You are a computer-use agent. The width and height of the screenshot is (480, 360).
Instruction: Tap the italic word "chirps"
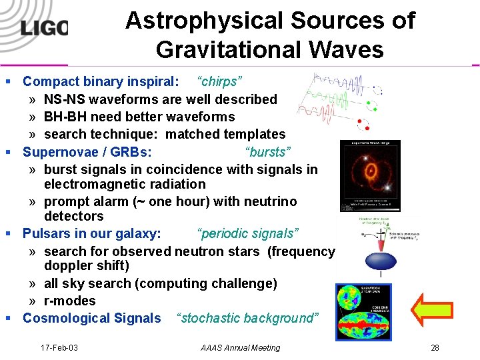tap(219, 82)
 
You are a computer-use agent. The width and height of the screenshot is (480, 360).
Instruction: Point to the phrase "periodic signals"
tap(248, 234)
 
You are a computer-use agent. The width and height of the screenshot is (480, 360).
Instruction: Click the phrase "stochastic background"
tap(247, 318)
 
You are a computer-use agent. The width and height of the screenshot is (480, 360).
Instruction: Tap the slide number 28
tap(435, 347)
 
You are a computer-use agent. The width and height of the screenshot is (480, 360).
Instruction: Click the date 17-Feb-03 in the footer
tap(59, 347)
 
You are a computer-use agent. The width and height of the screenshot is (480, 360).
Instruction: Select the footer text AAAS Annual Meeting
tap(240, 347)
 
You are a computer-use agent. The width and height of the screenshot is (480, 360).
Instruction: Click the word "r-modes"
tap(70, 301)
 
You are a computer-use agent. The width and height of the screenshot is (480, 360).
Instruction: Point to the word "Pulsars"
tap(49, 234)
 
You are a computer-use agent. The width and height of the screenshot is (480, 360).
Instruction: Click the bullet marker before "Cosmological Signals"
tap(9, 319)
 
